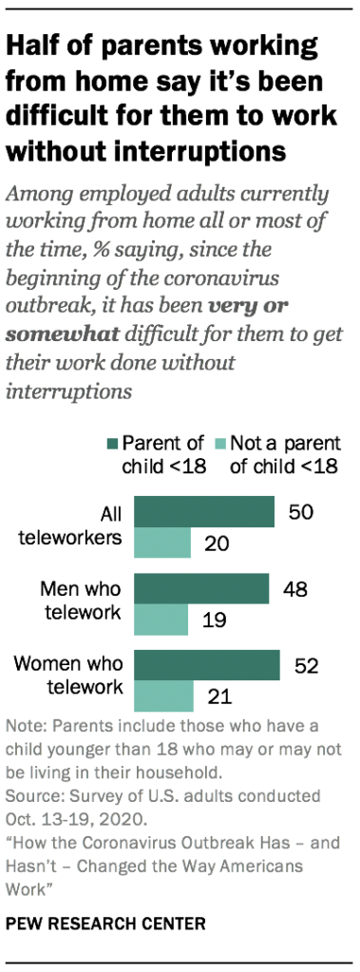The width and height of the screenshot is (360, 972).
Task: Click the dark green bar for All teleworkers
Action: point(203,512)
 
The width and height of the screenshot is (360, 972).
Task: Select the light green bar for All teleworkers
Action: point(161,543)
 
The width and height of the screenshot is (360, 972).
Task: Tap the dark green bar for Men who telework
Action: point(200,589)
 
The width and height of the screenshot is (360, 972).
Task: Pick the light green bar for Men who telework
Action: point(161,620)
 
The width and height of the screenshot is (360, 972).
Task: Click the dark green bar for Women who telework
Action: point(206,666)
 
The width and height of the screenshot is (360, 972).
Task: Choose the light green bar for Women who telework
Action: point(163,697)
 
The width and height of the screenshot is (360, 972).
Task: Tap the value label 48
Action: point(294,590)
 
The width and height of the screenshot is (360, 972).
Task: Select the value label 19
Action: point(212,621)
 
